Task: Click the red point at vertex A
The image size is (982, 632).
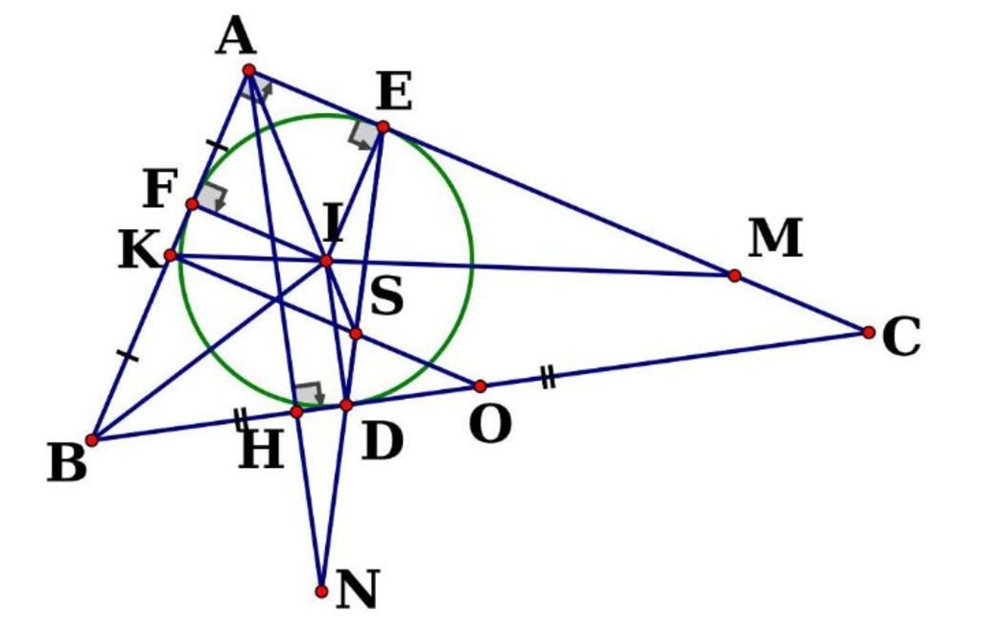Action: [249, 70]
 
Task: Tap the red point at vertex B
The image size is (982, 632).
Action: [91, 439]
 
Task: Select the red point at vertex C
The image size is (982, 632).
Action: [869, 332]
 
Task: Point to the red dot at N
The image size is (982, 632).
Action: [321, 591]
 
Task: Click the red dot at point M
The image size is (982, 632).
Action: [735, 275]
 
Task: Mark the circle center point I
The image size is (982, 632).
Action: [326, 261]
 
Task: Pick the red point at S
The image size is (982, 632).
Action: [356, 333]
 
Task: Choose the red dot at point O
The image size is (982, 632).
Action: [480, 386]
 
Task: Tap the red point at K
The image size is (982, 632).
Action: [170, 255]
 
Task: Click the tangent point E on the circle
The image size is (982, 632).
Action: [384, 128]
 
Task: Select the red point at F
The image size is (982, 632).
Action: [192, 204]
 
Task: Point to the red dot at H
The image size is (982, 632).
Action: [297, 411]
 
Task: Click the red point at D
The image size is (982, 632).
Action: [346, 406]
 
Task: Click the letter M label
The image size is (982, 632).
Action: [775, 238]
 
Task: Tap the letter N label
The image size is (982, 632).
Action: [358, 590]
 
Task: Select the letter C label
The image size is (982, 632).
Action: [901, 337]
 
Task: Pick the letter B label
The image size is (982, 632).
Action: [67, 462]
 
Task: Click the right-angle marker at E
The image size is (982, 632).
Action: [363, 134]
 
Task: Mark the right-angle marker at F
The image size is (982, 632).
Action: [214, 198]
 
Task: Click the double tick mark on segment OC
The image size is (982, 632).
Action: [548, 378]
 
